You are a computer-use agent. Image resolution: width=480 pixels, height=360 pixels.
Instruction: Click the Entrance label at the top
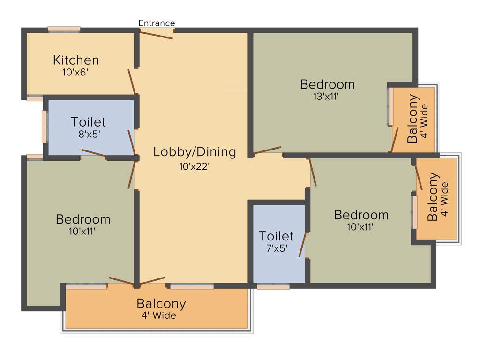(157, 23)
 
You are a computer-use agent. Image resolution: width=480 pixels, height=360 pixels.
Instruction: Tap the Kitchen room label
(76, 60)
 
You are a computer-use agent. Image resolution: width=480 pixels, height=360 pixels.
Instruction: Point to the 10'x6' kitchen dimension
(75, 73)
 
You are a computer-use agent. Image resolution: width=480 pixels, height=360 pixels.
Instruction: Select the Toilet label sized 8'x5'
(88, 122)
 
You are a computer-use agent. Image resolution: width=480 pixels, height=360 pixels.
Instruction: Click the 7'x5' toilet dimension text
(276, 248)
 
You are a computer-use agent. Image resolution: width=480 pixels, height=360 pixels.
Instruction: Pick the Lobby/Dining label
(195, 152)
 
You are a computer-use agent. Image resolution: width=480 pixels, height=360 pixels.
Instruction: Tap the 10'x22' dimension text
(195, 166)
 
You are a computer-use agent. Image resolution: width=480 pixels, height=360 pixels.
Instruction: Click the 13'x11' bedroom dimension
(326, 97)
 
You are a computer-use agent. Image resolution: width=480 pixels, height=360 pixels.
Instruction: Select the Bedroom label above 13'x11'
(327, 85)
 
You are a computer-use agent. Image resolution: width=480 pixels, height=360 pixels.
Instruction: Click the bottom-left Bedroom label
(83, 219)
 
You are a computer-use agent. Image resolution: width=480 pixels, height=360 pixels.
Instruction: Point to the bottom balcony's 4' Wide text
(159, 316)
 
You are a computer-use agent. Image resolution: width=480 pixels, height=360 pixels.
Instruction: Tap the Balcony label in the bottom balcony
(161, 304)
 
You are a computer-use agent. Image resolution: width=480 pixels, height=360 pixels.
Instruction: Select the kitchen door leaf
(132, 82)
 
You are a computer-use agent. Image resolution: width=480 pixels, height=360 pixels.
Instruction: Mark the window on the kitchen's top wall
(64, 30)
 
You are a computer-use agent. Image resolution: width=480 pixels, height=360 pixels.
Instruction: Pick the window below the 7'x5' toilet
(273, 286)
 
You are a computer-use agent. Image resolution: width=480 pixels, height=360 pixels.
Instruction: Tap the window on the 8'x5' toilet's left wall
(45, 127)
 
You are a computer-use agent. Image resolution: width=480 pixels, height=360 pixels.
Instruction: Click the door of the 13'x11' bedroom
(267, 150)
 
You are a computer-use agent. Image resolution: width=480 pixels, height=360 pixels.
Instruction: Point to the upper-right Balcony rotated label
(412, 119)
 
